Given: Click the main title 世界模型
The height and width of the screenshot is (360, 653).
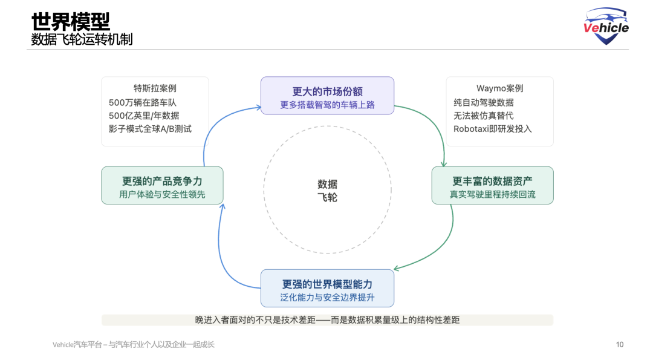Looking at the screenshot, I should (71, 21).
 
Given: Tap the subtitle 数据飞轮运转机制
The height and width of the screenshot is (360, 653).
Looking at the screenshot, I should (82, 39).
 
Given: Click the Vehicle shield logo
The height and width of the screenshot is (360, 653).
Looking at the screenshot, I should (606, 26).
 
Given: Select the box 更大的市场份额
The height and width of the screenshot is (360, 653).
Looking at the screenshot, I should (327, 96).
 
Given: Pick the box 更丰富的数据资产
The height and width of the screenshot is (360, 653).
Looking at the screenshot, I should (492, 186).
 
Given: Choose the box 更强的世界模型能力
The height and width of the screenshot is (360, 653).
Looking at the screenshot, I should (327, 289).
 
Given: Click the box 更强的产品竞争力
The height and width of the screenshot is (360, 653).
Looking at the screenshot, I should (162, 185).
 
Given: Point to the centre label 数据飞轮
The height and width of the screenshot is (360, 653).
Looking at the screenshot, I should (327, 191).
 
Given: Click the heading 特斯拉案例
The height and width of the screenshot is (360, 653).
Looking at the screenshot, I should (155, 88).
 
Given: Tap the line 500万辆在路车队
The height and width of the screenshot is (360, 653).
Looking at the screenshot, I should (143, 102).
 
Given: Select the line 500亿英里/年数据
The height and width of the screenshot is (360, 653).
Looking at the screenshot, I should (144, 116).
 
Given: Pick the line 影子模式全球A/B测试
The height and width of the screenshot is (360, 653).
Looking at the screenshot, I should (150, 128).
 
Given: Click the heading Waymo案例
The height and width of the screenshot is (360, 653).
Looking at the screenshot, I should (499, 88).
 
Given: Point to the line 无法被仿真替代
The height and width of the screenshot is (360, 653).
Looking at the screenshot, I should (484, 116).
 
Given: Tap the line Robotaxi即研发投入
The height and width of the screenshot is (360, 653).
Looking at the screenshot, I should (493, 128).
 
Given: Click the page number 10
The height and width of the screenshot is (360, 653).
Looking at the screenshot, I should (620, 345).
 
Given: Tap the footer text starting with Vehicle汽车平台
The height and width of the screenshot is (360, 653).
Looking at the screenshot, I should (134, 345).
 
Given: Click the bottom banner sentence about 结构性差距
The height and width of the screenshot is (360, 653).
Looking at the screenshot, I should (327, 319).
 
